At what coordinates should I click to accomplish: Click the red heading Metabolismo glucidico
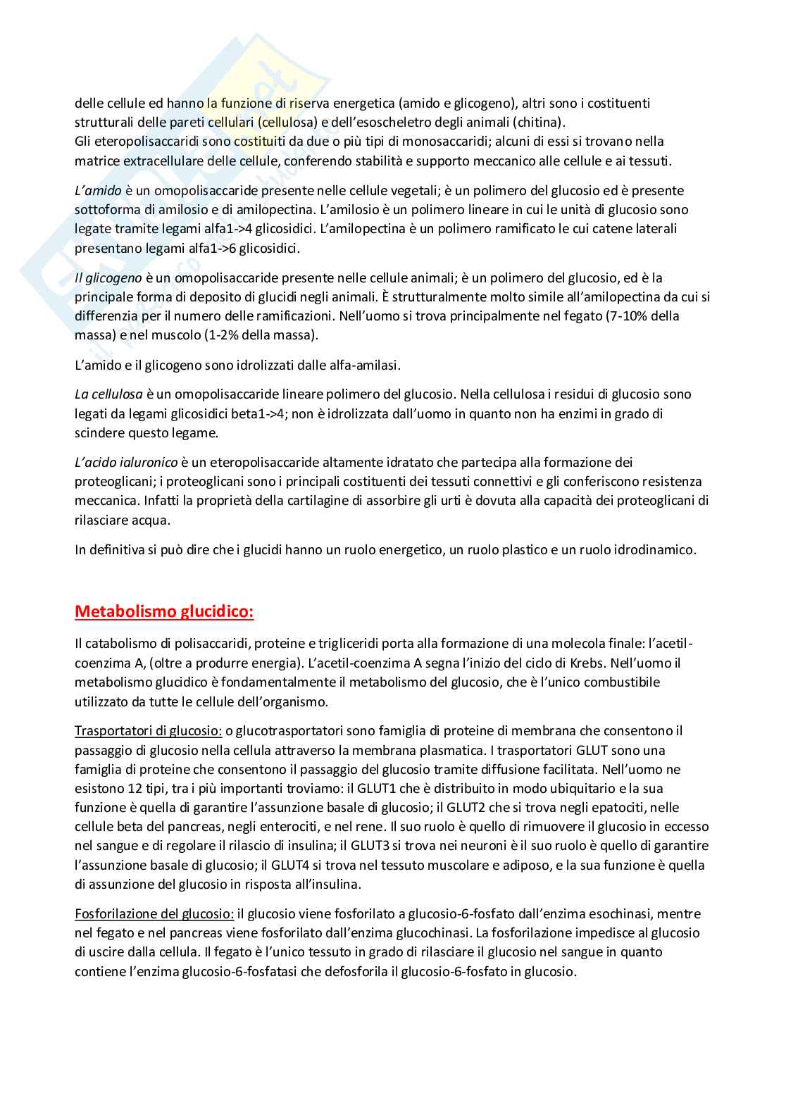click(x=164, y=611)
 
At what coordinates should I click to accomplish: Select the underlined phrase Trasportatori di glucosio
click(x=149, y=731)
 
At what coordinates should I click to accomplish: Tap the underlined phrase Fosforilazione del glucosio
click(x=154, y=913)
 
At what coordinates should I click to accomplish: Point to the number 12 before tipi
click(x=125, y=788)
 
